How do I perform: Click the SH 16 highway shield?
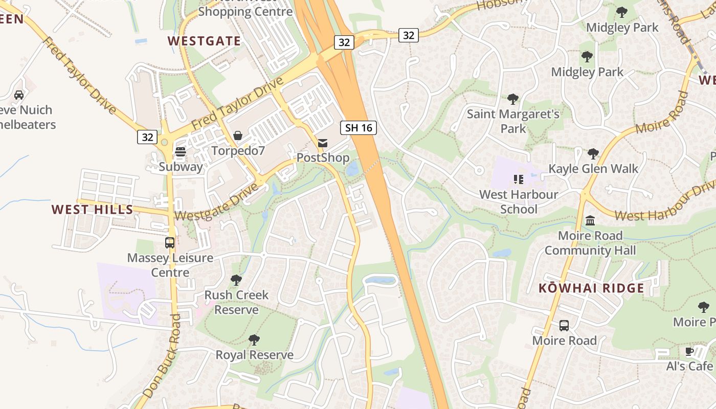(359, 128)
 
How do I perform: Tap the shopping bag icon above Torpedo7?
(238, 135)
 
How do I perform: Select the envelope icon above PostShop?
(323, 143)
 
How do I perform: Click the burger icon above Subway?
(181, 152)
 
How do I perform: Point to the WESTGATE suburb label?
(204, 41)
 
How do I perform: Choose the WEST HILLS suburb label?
(93, 209)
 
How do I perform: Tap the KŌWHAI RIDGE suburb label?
(591, 288)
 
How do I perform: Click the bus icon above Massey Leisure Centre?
(170, 243)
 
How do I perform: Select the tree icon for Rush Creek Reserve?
(236, 280)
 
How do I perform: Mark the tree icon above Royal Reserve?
(254, 340)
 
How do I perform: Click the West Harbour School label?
(519, 201)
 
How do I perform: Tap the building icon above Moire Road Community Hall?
(590, 221)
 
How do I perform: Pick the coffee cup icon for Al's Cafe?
(689, 351)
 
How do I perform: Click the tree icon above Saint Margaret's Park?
(513, 99)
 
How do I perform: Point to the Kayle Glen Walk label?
(593, 169)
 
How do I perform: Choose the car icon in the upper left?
(19, 95)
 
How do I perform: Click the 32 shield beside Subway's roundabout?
(147, 137)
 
